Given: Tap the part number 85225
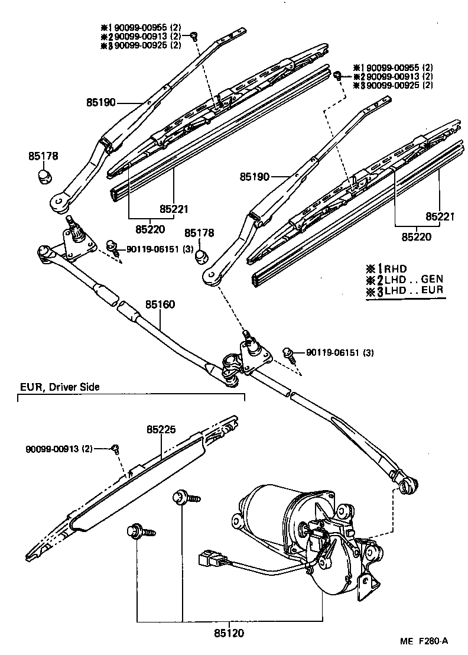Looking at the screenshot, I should click(161, 431).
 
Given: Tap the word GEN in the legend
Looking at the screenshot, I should click(432, 279).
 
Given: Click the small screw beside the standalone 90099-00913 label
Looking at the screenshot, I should click(116, 449).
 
